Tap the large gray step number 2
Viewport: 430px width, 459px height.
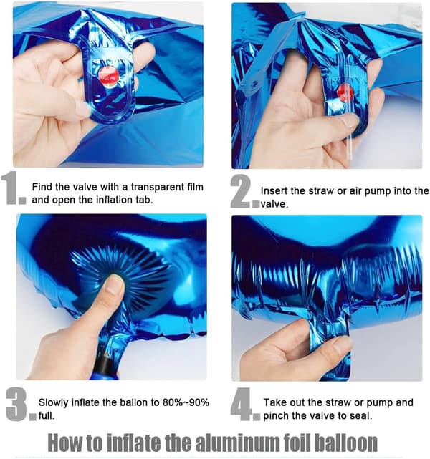241,191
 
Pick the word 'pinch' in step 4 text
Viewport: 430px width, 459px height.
276,415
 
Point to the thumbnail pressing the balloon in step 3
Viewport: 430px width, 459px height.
115,284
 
